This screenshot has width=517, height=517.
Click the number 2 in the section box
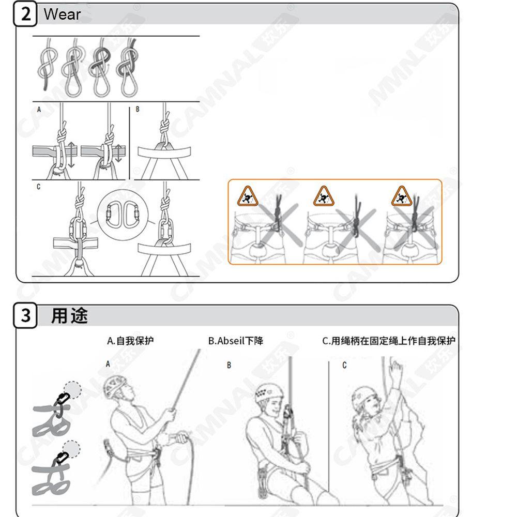[x=26, y=14]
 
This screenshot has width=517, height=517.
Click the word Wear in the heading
[x=62, y=14]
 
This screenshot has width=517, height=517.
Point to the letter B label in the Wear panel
[x=138, y=110]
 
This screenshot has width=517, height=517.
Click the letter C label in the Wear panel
[x=38, y=187]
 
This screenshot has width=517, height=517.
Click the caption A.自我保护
[x=130, y=341]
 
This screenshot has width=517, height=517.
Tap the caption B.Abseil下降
[x=236, y=341]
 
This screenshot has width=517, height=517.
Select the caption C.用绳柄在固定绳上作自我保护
[x=389, y=341]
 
